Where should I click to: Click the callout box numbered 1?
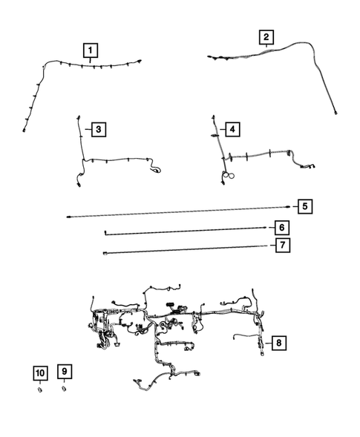91,50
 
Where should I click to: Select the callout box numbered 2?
265,36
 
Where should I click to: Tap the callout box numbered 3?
97,130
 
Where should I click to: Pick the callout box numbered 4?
232,130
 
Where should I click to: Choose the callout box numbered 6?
281,226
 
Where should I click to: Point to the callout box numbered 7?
281,246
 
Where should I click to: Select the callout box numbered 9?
65,371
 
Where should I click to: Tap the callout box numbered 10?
40,371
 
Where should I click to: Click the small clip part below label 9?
64,388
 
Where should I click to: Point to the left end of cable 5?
68,216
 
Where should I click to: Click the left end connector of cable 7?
105,253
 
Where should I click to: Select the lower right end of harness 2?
336,112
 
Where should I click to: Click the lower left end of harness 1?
24,130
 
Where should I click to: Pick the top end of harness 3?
77,116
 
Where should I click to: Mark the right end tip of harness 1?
140,61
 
